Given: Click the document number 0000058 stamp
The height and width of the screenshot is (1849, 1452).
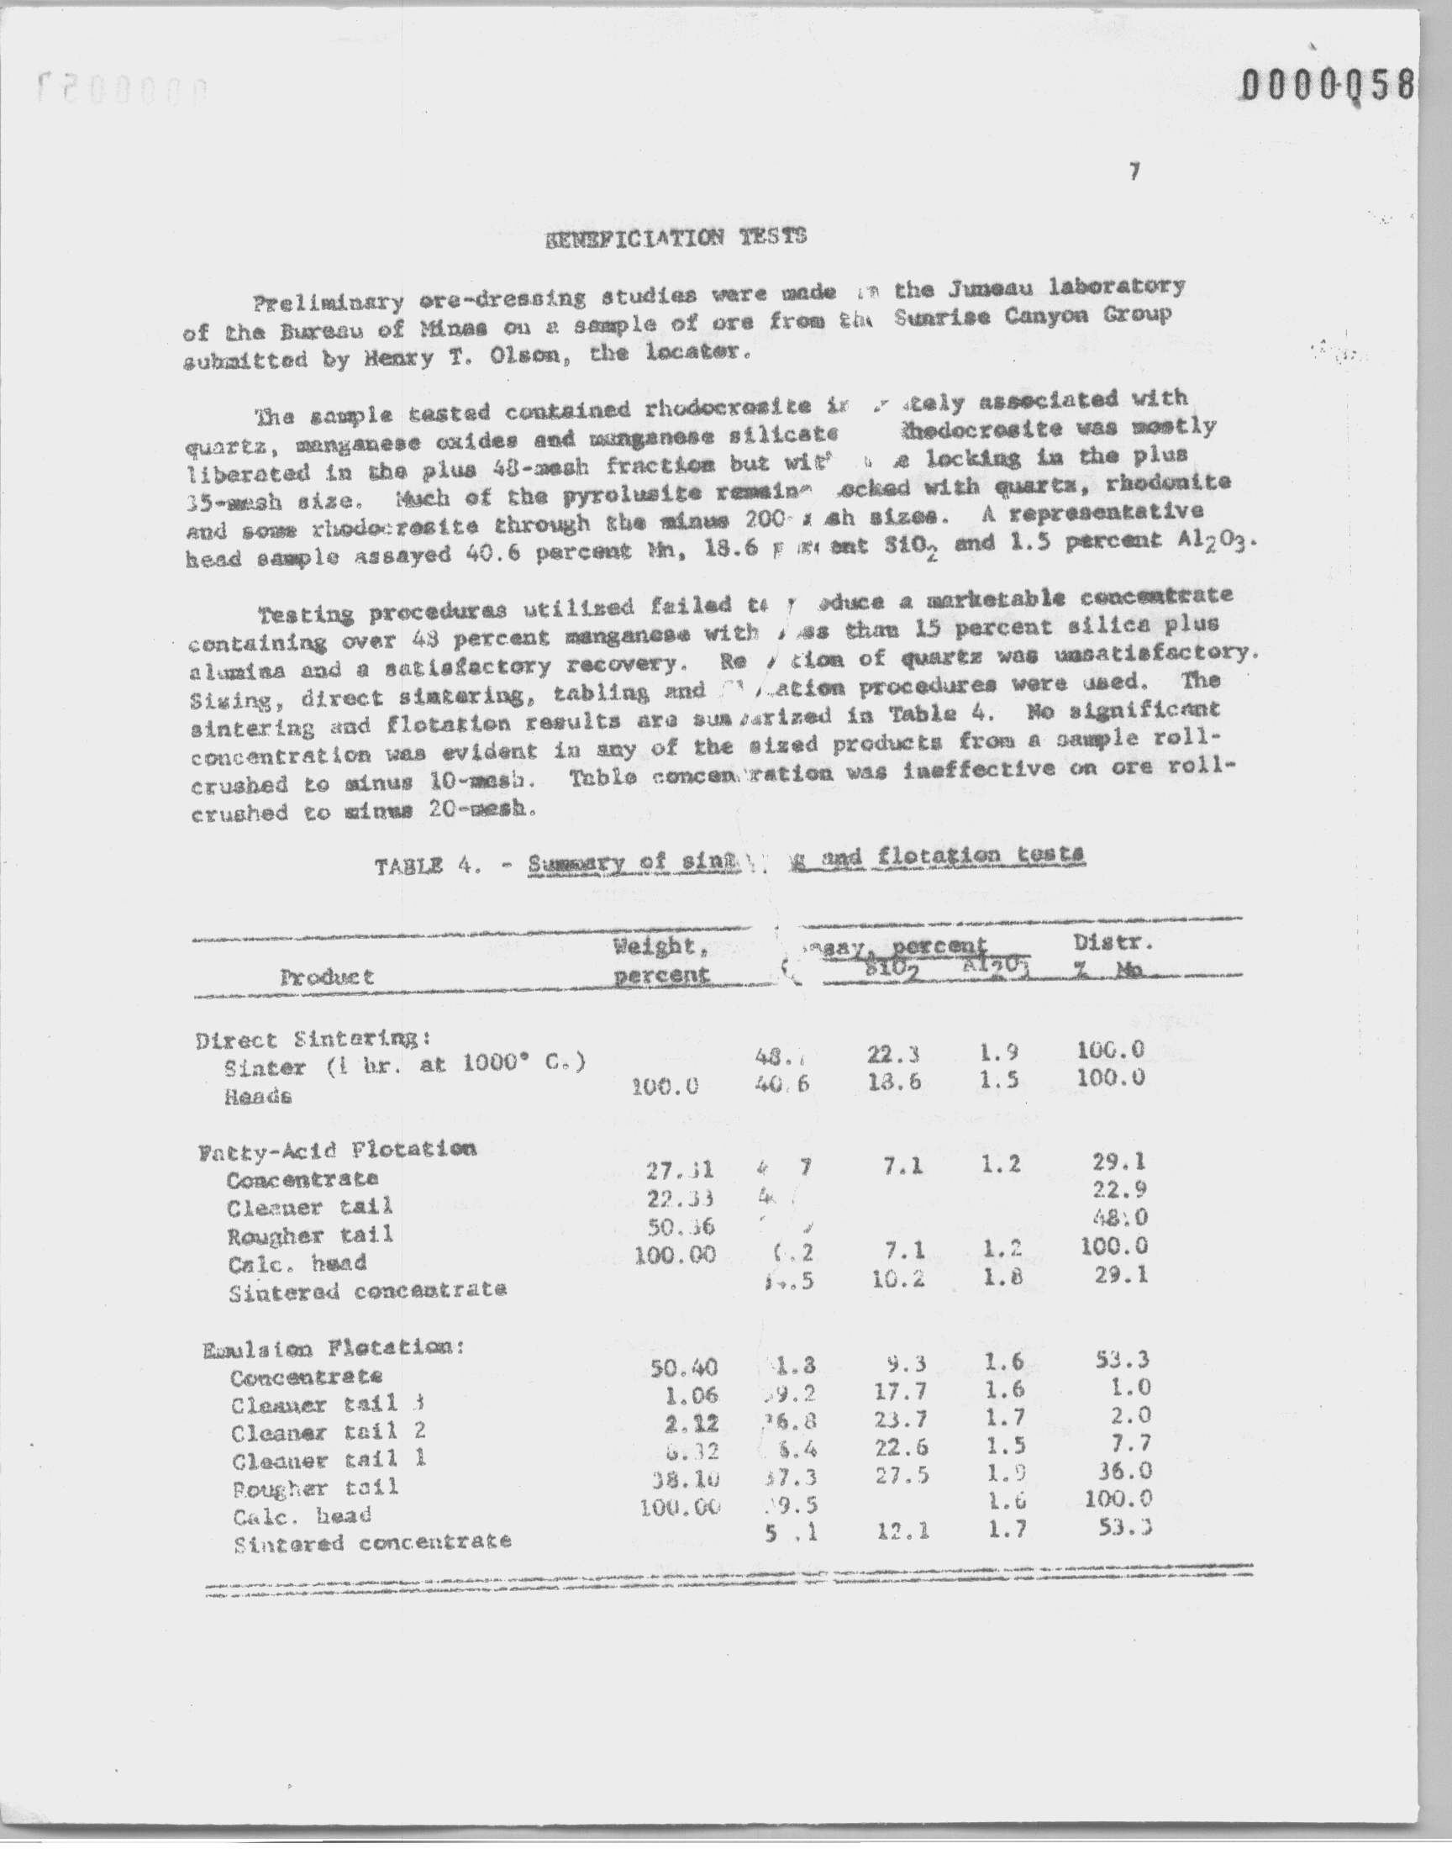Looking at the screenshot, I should [1328, 86].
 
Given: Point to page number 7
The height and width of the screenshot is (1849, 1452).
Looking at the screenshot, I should [1134, 171].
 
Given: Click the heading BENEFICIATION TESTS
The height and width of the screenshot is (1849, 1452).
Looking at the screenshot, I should [675, 237].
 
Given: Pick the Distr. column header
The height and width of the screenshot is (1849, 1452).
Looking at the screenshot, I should [1113, 943].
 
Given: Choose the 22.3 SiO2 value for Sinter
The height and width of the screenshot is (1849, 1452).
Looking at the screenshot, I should [892, 1055].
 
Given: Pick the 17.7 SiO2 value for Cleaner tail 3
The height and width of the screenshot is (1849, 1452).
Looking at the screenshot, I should [899, 1392].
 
